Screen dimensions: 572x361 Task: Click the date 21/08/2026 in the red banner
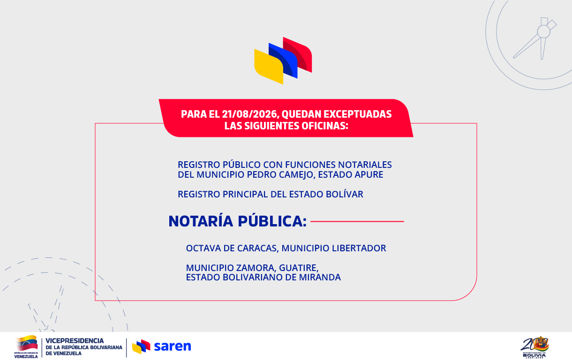[250, 114]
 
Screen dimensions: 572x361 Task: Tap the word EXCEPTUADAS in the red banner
[357, 114]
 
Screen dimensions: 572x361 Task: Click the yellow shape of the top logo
[269, 67]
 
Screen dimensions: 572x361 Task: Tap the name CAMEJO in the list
[296, 175]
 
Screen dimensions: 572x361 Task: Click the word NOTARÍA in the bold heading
[201, 221]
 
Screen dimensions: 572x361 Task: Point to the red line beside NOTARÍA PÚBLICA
[357, 221]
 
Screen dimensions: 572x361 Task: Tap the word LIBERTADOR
[359, 248]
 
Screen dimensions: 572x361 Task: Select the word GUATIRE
[299, 268]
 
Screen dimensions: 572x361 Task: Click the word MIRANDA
[320, 277]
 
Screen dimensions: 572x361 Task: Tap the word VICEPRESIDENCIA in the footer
[75, 341]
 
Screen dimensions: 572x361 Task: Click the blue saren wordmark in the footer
[173, 346]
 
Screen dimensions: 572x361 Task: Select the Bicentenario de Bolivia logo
[534, 347]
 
